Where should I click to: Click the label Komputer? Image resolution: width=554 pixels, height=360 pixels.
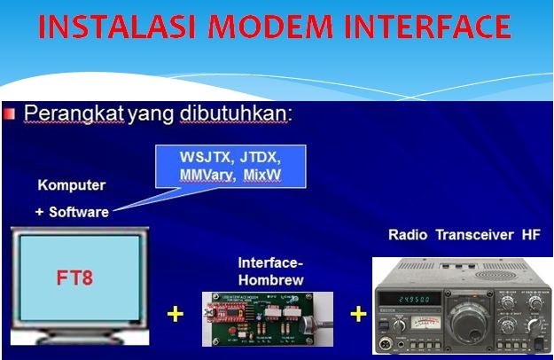[71, 186]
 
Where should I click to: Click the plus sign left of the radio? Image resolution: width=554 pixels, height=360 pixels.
[357, 314]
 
